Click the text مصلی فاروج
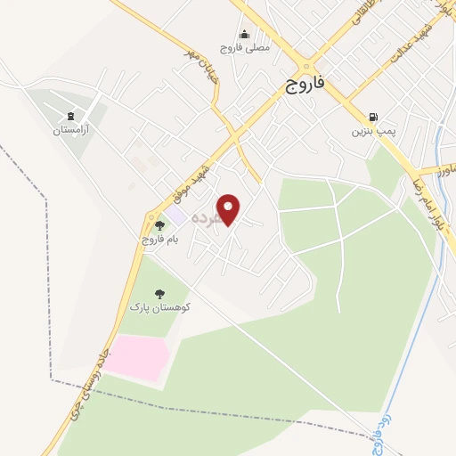click(x=244, y=48)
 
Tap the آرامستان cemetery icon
click(x=70, y=116)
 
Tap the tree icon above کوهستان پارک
click(x=159, y=293)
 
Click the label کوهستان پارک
click(x=160, y=307)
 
